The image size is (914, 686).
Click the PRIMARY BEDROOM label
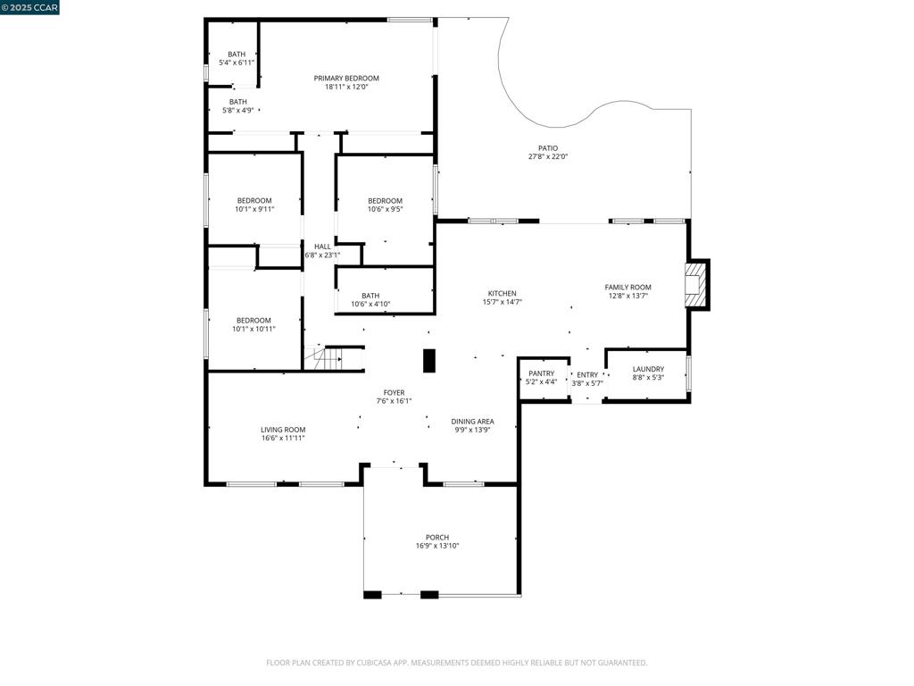point(346,79)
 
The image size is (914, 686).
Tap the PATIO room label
point(548,148)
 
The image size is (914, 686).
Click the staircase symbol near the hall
point(324,358)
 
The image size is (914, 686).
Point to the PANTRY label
point(542,373)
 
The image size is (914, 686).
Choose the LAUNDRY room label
point(648,369)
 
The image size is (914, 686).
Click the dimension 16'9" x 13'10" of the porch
point(437,546)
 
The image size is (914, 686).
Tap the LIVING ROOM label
point(283,430)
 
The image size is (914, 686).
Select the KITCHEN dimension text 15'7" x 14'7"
point(502,302)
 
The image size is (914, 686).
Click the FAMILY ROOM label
point(627,287)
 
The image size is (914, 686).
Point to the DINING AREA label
point(472,422)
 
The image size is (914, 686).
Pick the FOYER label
point(394,393)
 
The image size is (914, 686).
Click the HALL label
point(322,247)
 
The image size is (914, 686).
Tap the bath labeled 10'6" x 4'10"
point(370,300)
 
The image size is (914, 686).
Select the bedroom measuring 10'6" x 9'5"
point(385,205)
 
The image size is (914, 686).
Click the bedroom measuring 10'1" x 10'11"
point(253,324)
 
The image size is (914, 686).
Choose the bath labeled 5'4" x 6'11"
point(237,58)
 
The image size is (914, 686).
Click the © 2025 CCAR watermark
point(29,7)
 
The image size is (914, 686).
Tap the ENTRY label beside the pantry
point(587,375)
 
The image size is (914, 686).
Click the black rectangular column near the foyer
point(429,361)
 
